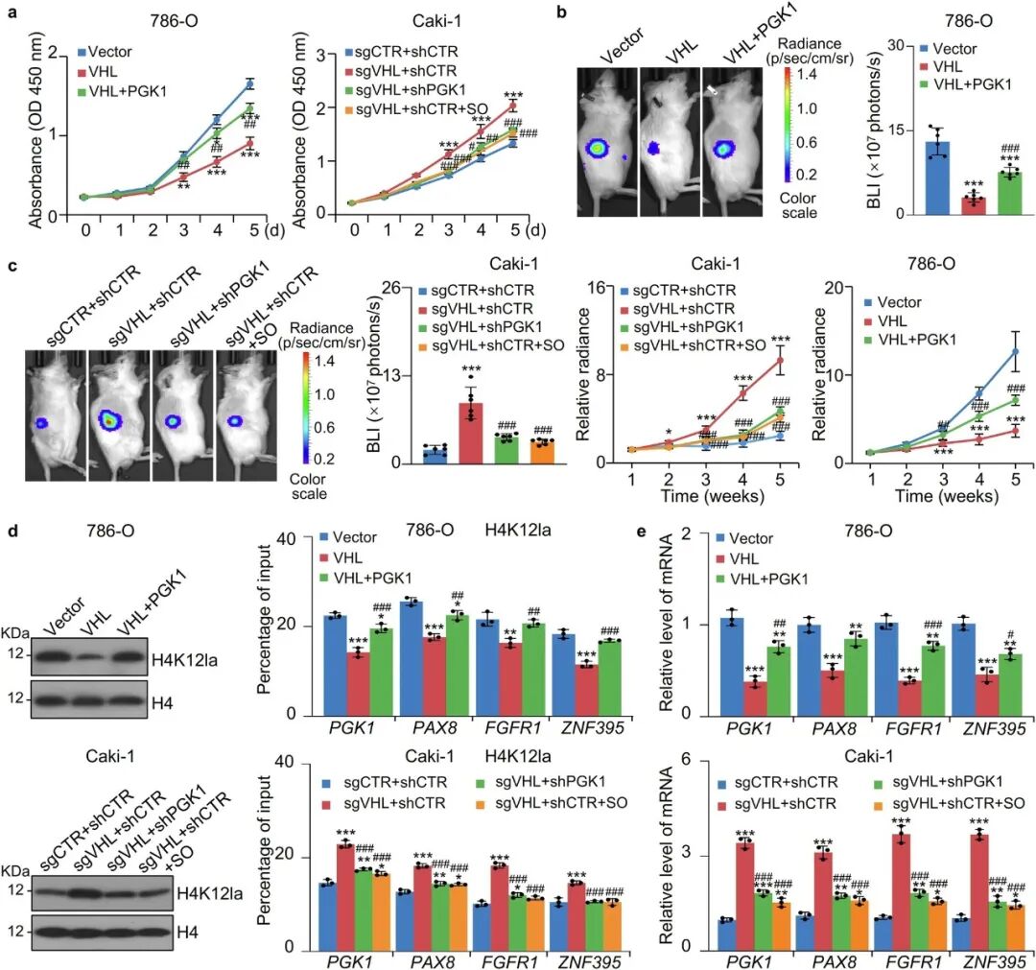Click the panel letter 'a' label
(x=9, y=12)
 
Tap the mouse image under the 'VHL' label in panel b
(x=667, y=154)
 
